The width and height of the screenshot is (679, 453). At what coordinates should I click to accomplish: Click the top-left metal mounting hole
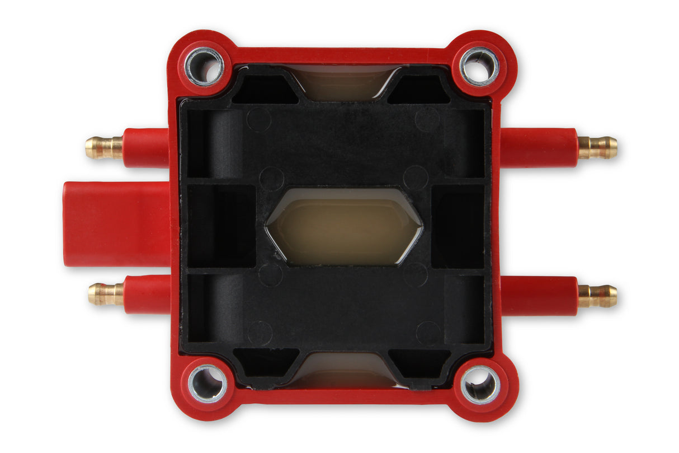tap(204, 66)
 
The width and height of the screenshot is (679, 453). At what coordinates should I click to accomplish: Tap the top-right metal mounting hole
tap(479, 66)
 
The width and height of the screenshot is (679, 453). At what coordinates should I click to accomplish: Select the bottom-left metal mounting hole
tap(207, 383)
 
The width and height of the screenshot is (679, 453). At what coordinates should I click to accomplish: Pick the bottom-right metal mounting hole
tap(480, 384)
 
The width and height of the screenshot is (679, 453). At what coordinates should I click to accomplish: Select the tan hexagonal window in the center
tap(344, 226)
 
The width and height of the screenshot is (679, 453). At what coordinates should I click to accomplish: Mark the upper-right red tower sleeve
tap(539, 147)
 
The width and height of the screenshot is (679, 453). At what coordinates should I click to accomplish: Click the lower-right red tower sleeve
tap(539, 295)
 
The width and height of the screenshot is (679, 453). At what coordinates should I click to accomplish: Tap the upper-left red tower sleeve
tap(145, 148)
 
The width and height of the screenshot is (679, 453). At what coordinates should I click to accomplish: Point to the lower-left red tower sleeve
tap(147, 294)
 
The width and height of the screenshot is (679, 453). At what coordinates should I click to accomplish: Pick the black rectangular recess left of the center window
tap(221, 226)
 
